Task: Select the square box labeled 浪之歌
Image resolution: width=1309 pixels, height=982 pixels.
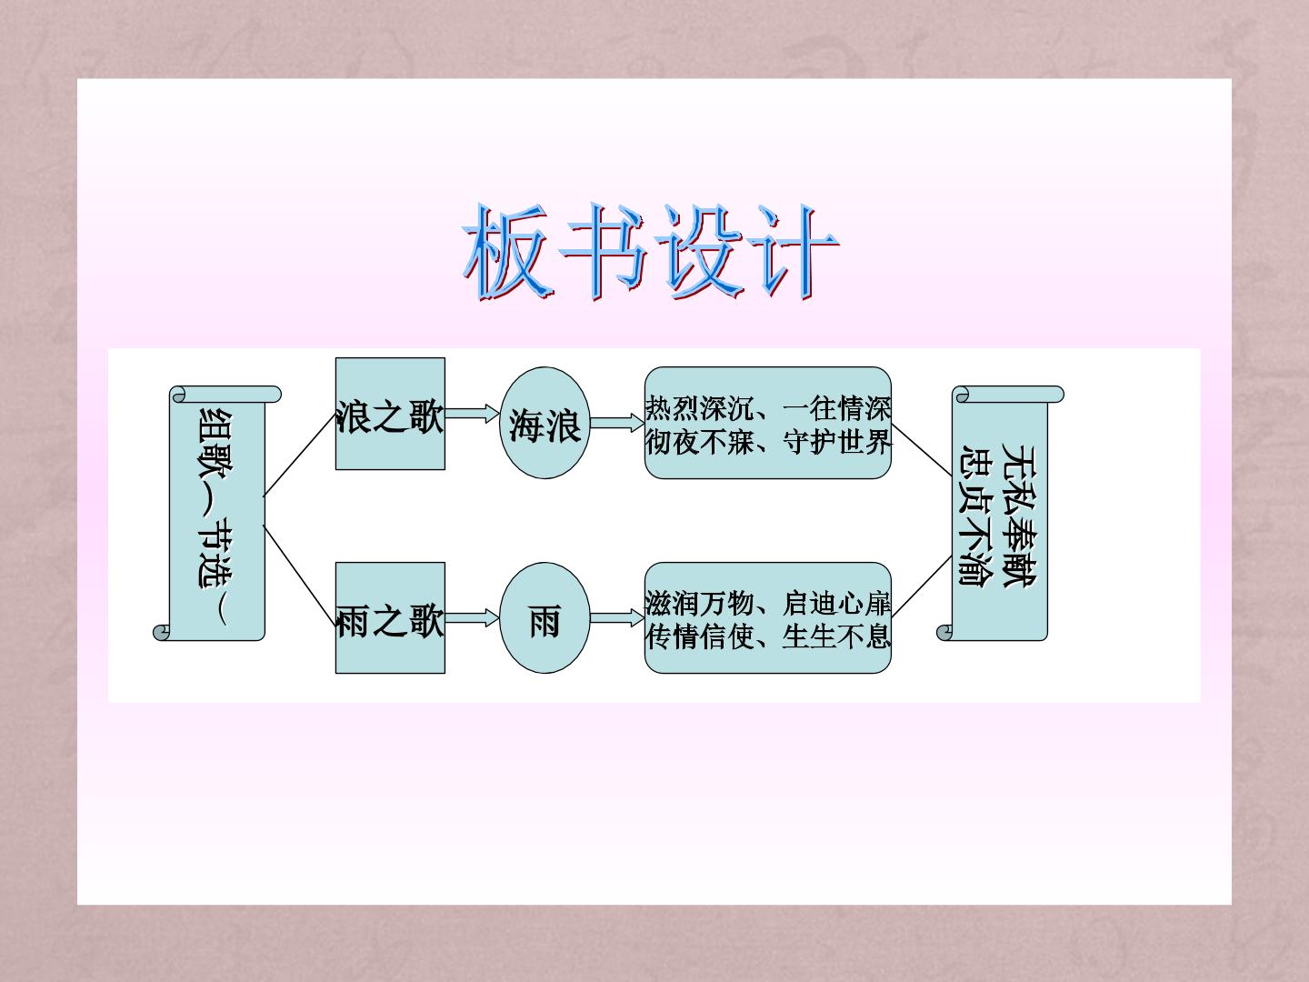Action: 390,414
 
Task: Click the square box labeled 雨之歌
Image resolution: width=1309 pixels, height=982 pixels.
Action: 390,617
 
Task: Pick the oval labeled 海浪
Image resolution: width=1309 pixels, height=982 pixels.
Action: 545,422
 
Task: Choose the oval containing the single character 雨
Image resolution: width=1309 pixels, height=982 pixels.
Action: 545,617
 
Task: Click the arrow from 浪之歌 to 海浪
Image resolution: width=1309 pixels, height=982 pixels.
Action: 473,414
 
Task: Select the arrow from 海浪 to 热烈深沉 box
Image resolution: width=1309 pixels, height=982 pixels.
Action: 617,423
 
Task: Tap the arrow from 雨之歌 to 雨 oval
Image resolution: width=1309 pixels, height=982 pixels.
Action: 473,617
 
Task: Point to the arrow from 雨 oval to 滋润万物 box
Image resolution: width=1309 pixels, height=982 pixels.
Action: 617,617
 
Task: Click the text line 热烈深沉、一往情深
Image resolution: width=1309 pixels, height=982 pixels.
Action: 768,408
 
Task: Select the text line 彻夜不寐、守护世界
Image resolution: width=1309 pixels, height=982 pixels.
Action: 768,442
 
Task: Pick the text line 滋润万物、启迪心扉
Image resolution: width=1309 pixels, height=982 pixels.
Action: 768,604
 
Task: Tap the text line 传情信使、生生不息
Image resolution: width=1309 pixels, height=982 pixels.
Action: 768,636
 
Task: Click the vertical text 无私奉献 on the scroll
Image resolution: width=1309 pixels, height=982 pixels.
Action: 1019,516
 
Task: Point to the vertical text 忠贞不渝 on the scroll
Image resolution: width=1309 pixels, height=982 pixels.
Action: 976,516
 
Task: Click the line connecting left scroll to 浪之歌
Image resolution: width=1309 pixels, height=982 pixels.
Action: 299,455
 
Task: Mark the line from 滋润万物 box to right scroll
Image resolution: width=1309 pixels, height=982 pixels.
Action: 922,586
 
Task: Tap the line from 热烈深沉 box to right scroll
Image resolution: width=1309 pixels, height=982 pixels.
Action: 922,450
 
